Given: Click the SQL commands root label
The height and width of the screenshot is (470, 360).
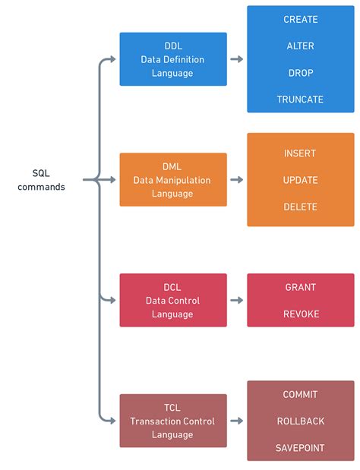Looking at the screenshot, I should pos(42,180).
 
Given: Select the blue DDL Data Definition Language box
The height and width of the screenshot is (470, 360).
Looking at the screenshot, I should pos(173,59).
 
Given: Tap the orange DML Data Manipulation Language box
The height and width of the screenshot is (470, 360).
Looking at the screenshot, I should pos(173,180).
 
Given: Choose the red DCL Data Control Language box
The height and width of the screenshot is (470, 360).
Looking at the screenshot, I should pos(173,301).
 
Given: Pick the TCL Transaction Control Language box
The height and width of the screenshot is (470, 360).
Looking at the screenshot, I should pos(173,421).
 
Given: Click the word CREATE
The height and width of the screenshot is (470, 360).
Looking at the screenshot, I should pos(300,19).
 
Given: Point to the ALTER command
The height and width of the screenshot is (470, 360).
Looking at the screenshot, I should pos(300,46).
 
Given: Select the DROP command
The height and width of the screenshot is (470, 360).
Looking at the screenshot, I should pos(300,73).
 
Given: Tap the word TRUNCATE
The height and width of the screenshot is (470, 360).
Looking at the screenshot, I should pos(300,99).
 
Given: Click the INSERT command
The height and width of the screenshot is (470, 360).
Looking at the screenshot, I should pos(300,153).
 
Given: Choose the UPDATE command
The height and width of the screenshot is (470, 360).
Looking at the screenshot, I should pos(300,180).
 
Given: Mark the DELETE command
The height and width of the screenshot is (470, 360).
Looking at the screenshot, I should pos(300,207).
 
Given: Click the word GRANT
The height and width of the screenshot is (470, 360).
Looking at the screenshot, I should pos(300,287).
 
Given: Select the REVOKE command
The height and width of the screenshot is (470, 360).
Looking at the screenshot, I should pos(300,314).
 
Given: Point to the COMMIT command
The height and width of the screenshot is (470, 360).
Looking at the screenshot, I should pos(300,394).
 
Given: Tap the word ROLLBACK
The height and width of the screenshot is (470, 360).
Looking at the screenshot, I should pos(300,421).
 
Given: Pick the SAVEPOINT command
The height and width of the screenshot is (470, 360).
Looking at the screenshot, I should pos(300,448).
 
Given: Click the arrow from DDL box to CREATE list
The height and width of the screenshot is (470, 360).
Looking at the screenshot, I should pos(236,59).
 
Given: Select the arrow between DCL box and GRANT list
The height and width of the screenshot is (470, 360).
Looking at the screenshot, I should pos(236,301).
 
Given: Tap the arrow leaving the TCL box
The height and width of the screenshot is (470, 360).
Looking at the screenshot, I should pos(236,421).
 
